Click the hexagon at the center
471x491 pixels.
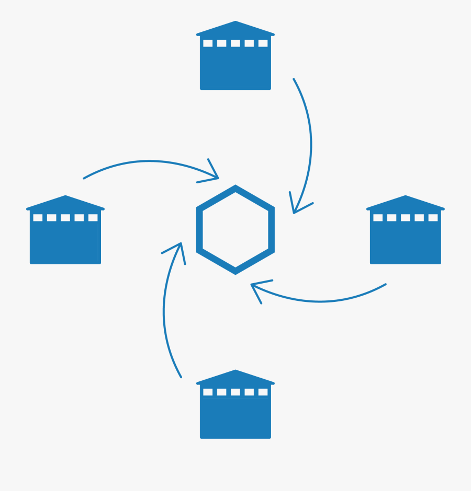point(235,230)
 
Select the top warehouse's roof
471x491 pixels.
point(235,29)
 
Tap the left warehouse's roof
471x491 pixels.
point(65,203)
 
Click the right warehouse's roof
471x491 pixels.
point(406,203)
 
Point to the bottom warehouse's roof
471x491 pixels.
point(235,378)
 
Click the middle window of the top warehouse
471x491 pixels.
point(235,43)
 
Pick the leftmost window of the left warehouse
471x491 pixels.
point(38,218)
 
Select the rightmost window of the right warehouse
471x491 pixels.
point(433,218)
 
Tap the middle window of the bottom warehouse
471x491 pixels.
point(235,392)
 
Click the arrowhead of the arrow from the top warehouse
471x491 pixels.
point(295,212)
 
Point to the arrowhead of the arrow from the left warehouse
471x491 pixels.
point(217,178)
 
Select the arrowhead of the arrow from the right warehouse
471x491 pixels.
point(253,285)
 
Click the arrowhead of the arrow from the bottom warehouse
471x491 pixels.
point(181,244)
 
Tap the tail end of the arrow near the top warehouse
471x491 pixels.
point(294,79)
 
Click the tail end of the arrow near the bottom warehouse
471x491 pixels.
point(181,377)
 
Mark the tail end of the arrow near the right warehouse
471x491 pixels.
point(386,285)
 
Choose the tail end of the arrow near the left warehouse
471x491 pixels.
point(84,178)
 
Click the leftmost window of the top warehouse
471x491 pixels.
point(208,43)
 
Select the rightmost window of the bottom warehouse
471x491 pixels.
point(263,392)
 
